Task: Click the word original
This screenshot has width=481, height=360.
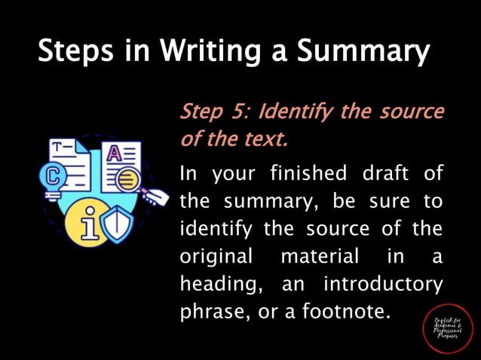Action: point(216,257)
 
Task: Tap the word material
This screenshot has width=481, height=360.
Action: point(320,256)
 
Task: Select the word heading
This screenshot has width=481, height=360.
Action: point(214,285)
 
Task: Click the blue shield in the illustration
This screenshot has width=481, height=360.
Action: point(117,224)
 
